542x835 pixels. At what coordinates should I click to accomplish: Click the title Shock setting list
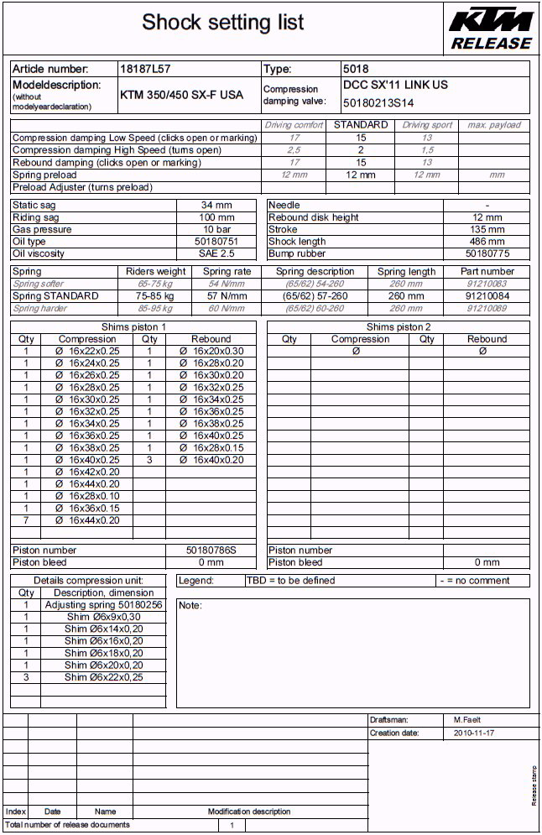point(222,23)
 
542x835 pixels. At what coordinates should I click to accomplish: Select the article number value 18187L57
point(145,69)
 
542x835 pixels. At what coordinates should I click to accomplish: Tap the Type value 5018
point(356,69)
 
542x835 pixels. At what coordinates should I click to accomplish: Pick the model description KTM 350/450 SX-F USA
point(181,95)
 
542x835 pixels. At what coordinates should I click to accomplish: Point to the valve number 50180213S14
point(378,103)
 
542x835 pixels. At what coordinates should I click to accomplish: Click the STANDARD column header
point(361,125)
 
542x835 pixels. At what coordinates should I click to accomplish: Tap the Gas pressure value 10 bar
point(216,229)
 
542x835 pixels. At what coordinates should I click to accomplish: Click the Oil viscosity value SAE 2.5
point(216,253)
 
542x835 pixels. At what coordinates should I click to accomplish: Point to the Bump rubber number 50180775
point(487,253)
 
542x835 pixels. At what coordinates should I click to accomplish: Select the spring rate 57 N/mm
point(227,296)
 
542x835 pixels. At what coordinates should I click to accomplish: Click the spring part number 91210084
point(487,296)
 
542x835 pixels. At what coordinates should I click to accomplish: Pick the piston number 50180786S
point(211,551)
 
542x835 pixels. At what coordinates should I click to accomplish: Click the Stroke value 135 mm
point(487,229)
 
